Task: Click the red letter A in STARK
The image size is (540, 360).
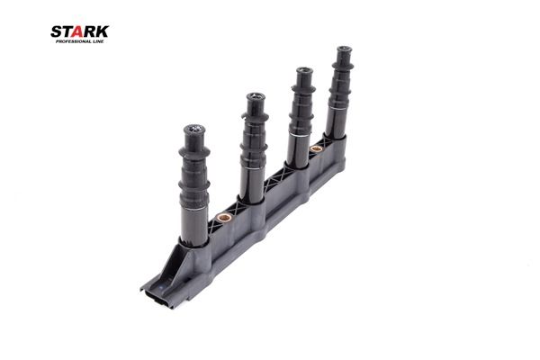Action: [x=77, y=31]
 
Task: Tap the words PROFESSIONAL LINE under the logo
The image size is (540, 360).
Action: [x=79, y=41]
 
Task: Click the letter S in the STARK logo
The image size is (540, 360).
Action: [x=56, y=31]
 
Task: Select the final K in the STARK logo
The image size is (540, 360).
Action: [x=102, y=31]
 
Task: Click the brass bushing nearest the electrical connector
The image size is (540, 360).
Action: [x=223, y=218]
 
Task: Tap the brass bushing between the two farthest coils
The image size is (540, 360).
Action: [x=316, y=149]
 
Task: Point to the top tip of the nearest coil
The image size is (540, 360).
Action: [x=194, y=130]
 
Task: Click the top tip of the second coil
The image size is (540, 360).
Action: [x=256, y=97]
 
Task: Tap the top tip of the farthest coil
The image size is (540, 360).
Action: [x=344, y=49]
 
